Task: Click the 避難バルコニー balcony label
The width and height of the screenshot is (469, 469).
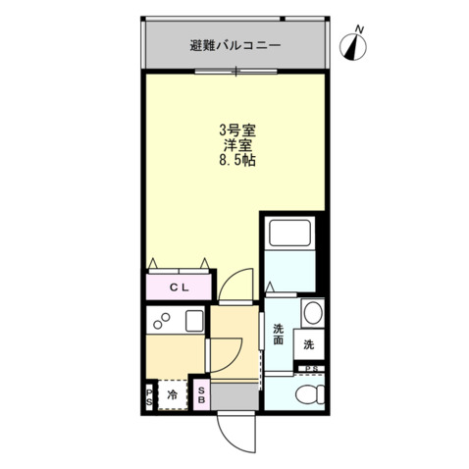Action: [x=235, y=45]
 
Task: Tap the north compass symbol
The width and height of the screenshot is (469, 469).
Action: [x=354, y=43]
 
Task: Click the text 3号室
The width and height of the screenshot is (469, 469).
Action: [x=236, y=129]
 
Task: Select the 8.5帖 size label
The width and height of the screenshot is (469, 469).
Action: [x=236, y=160]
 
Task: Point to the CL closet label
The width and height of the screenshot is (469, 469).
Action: [x=179, y=287]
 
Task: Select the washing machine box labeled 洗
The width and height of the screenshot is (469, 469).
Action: [x=308, y=344]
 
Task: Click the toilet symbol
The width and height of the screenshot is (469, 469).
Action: [x=307, y=394]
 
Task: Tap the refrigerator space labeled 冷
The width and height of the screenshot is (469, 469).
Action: [x=173, y=396]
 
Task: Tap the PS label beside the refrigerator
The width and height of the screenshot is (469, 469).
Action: [x=150, y=396]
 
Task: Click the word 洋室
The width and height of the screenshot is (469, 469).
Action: [x=236, y=144]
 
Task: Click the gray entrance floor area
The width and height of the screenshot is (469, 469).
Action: [x=234, y=394]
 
